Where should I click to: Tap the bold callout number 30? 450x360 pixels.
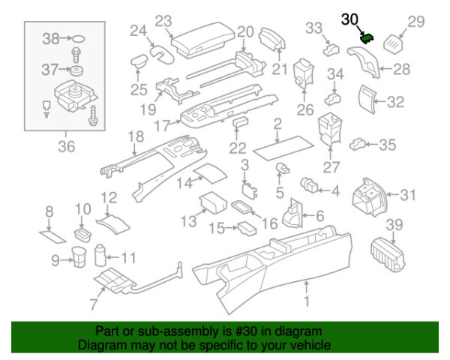click(350, 19)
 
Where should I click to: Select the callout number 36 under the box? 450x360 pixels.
click(67, 147)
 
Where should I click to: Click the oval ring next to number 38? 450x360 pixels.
click(76, 38)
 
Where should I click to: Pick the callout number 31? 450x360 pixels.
click(407, 195)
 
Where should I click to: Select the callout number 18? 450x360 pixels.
click(136, 136)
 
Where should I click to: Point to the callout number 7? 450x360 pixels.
click(93, 304)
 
